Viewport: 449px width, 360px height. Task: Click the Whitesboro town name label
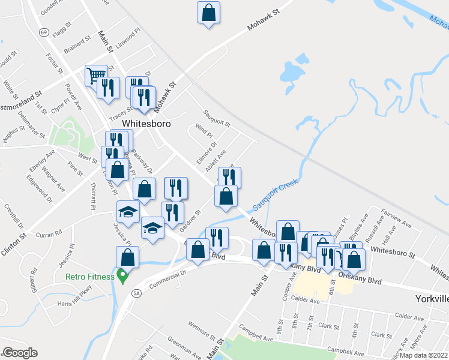[x=146, y=124]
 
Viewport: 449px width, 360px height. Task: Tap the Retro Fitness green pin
[x=123, y=276]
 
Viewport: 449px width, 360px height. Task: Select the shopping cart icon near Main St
[x=94, y=75]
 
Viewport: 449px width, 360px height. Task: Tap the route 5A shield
[x=136, y=293]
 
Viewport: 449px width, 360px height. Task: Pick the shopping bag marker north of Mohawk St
[x=208, y=13]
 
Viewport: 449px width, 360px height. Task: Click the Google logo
[x=20, y=353]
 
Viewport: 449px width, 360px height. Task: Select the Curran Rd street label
[x=49, y=233]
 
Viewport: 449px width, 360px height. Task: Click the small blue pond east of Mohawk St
[x=291, y=73]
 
